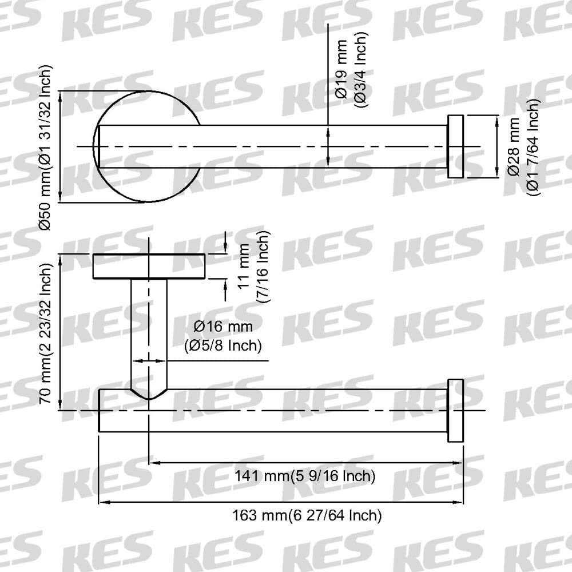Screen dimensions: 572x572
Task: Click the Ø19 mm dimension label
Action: pos(342,69)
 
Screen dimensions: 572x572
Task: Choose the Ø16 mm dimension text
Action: pos(223,326)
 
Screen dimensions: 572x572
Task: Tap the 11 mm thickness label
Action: pos(243,267)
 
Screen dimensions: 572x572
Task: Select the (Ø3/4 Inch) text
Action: pos(361,69)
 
